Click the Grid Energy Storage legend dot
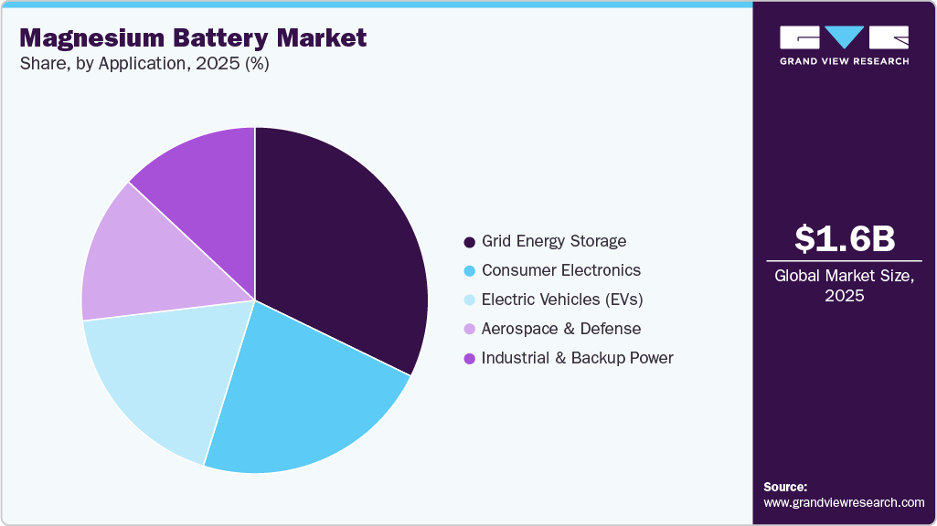click(x=469, y=242)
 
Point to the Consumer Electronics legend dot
click(x=469, y=271)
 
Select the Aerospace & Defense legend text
click(x=561, y=329)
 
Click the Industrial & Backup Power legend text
click(x=578, y=358)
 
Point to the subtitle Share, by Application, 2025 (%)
click(x=144, y=64)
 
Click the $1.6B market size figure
click(x=845, y=238)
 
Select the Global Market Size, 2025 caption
click(x=845, y=285)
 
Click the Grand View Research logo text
click(x=844, y=61)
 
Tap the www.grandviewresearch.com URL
click(x=844, y=502)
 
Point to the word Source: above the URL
click(x=785, y=487)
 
